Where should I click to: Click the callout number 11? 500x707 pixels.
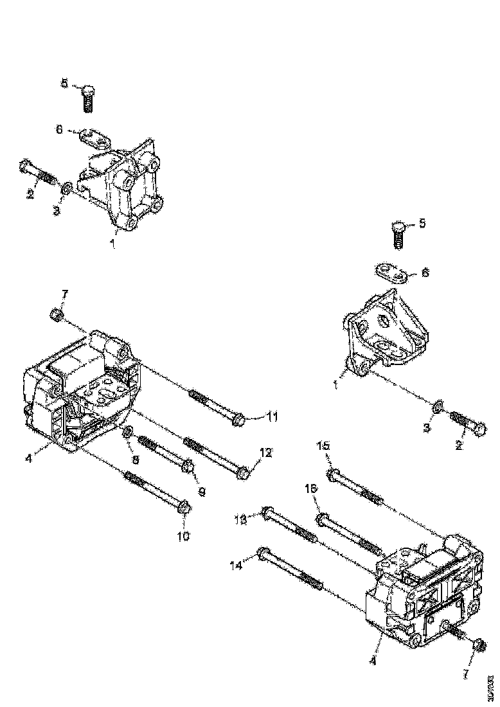[x=272, y=418]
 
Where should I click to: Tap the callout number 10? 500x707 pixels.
[x=183, y=535]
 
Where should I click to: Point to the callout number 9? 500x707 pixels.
[x=201, y=492]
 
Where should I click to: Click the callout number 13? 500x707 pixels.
[x=240, y=519]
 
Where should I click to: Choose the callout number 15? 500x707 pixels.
[x=324, y=445]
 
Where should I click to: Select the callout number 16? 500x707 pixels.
[x=310, y=489]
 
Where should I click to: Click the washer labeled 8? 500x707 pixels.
[x=127, y=432]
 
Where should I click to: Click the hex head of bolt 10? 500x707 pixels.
[x=183, y=508]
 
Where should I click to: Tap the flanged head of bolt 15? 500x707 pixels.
[x=332, y=476]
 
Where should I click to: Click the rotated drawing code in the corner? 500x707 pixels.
[x=492, y=681]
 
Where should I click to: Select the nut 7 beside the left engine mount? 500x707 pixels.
[x=56, y=315]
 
